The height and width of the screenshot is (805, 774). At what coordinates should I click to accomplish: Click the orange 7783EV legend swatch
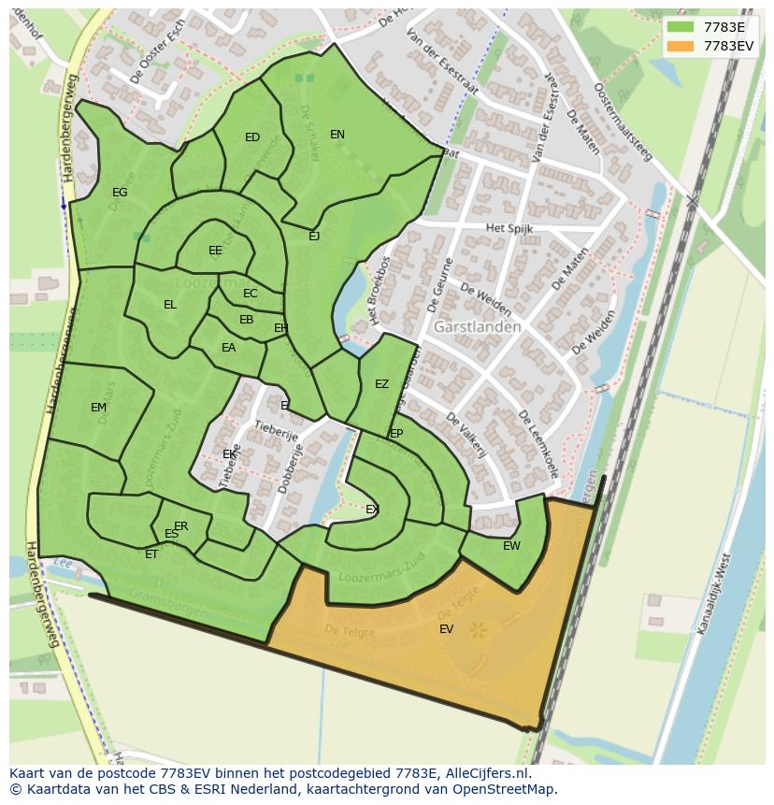pos(681,46)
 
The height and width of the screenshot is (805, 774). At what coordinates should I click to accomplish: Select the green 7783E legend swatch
pos(681,27)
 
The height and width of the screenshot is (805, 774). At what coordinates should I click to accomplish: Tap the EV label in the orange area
pos(446,629)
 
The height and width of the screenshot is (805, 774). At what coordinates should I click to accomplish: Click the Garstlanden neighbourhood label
pos(477,327)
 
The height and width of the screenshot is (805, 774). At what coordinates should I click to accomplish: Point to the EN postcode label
pos(337,135)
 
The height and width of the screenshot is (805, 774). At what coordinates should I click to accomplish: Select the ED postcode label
pos(252,137)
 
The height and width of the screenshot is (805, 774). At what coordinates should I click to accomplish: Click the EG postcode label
pos(120,193)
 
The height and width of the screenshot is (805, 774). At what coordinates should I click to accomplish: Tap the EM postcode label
pos(98,408)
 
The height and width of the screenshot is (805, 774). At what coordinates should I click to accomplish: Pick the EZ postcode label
pos(381,384)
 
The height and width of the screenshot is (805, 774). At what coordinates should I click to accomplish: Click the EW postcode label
pos(511,546)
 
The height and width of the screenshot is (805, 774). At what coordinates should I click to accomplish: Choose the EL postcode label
pos(169,305)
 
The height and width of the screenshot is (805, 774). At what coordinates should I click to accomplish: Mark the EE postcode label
pos(215,251)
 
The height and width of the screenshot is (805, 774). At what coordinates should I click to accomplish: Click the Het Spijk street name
pos(509,228)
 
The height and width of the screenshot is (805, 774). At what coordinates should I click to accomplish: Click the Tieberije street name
pos(276,431)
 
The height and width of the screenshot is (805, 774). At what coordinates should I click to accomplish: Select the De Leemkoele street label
pos(538,444)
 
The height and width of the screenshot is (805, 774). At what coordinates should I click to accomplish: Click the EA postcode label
pos(228,348)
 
